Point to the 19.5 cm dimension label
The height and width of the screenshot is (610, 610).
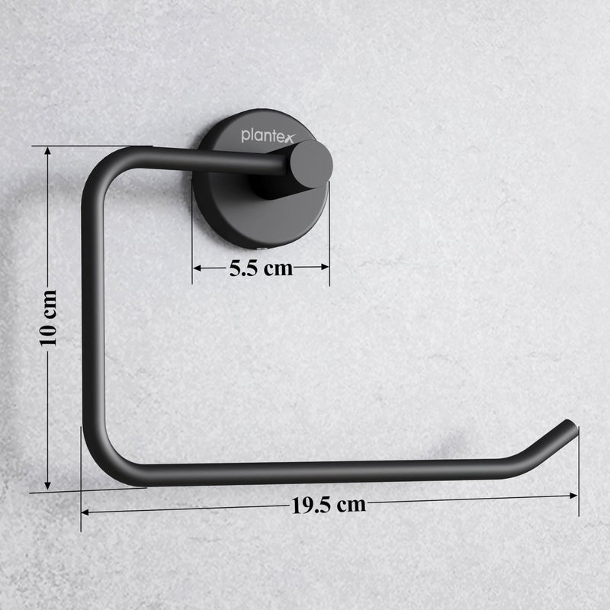tap(328, 504)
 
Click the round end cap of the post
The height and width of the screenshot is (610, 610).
tap(310, 164)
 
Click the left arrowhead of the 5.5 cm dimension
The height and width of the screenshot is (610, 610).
tap(197, 268)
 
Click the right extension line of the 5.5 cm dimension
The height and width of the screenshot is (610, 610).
tap(329, 252)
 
